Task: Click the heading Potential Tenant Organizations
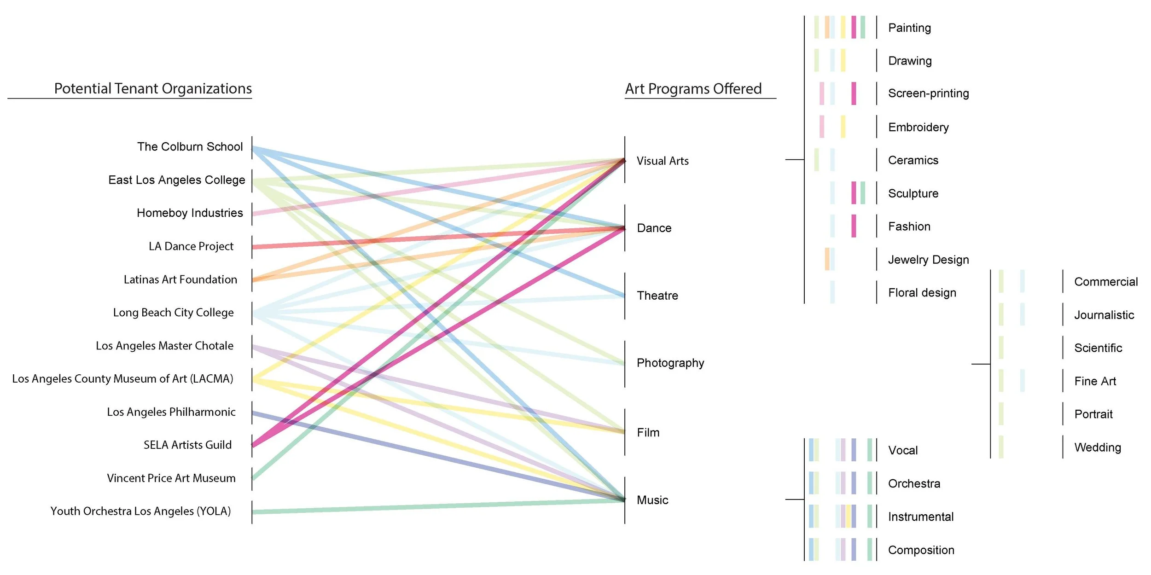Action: point(153,88)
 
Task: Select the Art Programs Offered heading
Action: point(693,88)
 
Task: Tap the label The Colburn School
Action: point(190,146)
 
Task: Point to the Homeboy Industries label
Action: point(190,213)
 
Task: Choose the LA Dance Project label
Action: point(191,246)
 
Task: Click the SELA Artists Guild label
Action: point(187,445)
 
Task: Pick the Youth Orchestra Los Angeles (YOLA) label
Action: point(140,511)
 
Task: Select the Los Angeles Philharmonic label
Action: point(171,412)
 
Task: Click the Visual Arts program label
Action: point(663,161)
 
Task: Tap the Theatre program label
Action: point(657,296)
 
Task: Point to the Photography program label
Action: point(670,363)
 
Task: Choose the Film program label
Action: point(648,432)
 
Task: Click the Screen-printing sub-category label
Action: point(928,93)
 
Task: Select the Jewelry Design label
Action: point(928,260)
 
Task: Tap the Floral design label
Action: point(922,293)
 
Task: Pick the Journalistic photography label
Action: point(1104,315)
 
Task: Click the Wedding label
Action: point(1097,447)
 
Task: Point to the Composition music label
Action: point(921,550)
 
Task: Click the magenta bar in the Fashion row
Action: point(854,226)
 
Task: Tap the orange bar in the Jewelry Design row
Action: point(827,259)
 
